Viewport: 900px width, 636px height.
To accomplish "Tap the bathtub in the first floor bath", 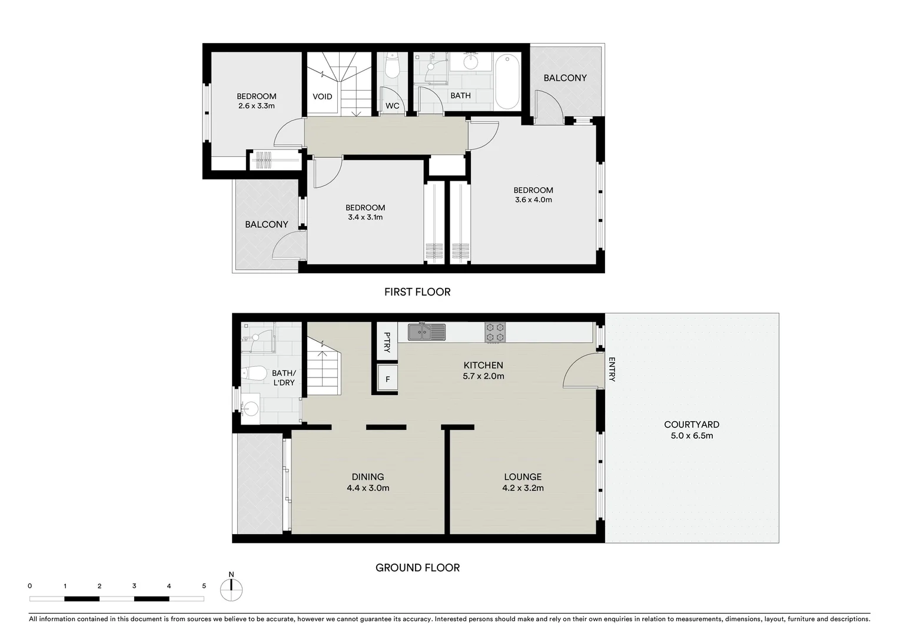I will coord(507,81).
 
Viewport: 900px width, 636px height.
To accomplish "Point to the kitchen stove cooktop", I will coord(496,332).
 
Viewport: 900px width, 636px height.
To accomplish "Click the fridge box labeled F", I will coord(387,379).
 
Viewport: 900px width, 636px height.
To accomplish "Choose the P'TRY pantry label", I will coord(387,342).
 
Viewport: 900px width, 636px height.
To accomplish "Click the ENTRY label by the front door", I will coord(612,370).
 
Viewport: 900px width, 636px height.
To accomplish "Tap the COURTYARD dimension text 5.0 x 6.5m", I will coord(692,436).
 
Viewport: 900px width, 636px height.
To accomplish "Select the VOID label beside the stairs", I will coord(322,97).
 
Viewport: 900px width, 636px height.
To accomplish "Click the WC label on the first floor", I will coord(392,106).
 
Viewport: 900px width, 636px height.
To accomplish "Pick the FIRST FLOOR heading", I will coord(417,291).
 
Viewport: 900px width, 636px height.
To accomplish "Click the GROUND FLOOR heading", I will coord(417,568).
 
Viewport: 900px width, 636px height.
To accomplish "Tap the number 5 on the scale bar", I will coord(204,586).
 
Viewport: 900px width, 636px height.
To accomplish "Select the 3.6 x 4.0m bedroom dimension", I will coord(533,200).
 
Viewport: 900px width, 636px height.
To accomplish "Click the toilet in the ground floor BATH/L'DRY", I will coord(254,373).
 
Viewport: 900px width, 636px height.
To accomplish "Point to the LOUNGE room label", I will coord(522,477).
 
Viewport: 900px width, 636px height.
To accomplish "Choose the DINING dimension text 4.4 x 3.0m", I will coord(368,488).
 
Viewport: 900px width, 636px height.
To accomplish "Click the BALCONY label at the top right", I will coord(564,78).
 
